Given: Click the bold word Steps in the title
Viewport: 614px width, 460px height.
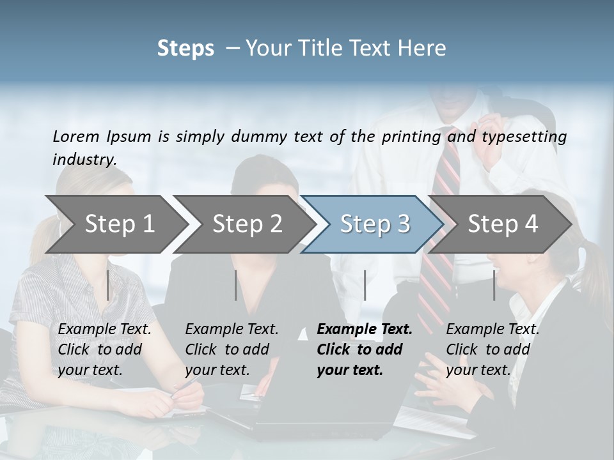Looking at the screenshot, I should [x=185, y=49].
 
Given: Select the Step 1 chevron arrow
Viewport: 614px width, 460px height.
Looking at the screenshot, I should [x=115, y=224].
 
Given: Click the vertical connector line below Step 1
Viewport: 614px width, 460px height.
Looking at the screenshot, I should [x=107, y=285].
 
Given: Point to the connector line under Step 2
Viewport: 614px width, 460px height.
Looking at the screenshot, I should [x=236, y=285].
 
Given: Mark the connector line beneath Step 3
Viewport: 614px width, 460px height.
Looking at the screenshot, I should [x=365, y=285].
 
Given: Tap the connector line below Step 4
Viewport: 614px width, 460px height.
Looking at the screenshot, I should [x=494, y=285].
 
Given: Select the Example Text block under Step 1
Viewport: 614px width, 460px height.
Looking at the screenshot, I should [x=104, y=349].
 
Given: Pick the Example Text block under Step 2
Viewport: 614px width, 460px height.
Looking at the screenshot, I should [x=232, y=349].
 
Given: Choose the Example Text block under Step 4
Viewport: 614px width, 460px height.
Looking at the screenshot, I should [x=492, y=349].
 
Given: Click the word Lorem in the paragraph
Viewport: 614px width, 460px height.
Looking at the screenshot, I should [x=75, y=136].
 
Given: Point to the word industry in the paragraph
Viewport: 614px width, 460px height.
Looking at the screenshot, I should [x=84, y=159].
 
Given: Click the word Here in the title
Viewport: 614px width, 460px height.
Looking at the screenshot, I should [x=425, y=49].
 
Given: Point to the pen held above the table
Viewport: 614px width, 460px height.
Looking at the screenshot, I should [x=186, y=384].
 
